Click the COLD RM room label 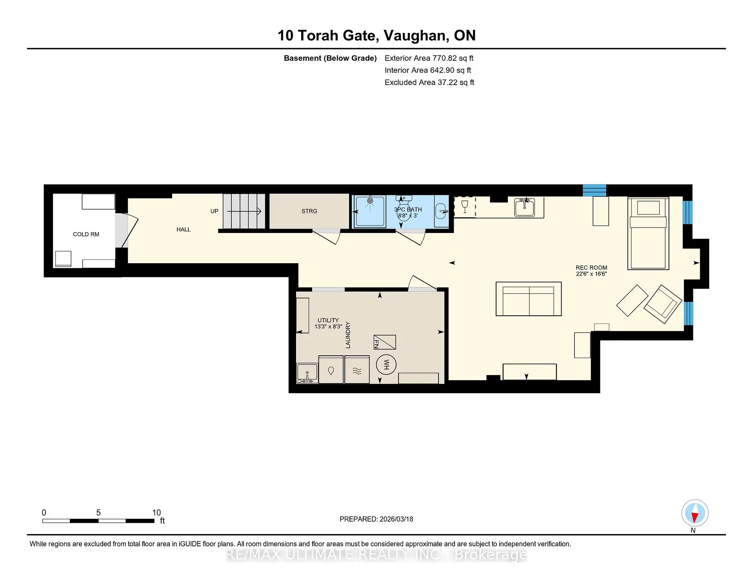tap(86, 234)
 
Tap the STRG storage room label tap(309, 211)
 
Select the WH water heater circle tap(386, 364)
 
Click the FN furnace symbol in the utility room tap(385, 342)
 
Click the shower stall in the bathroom tap(370, 211)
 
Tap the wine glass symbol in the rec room tap(465, 206)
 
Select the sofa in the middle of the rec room tap(528, 298)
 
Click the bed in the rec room tap(648, 233)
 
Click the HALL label tap(183, 229)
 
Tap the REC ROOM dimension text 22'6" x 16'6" tap(591, 274)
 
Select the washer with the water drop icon tap(331, 370)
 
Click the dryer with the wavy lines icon tap(357, 370)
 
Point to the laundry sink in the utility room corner tap(307, 373)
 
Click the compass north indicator tap(695, 513)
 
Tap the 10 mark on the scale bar tap(156, 513)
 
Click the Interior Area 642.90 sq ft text tap(427, 70)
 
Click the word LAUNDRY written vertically tap(348, 335)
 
